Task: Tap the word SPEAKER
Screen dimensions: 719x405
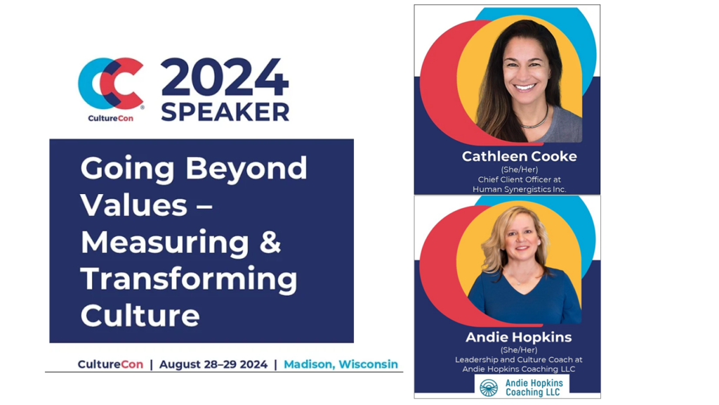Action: click(x=225, y=112)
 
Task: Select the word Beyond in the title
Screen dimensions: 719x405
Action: click(x=246, y=169)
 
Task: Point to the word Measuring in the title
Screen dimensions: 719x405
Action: click(x=164, y=243)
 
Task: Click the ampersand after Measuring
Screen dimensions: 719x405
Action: click(x=270, y=242)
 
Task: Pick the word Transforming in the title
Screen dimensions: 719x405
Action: click(x=189, y=280)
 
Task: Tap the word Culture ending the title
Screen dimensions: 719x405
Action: click(x=140, y=316)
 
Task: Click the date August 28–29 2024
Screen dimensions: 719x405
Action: click(x=213, y=364)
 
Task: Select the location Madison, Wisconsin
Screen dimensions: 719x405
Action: click(x=341, y=364)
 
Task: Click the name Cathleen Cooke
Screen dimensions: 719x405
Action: click(x=520, y=156)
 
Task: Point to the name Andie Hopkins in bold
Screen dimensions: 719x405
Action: click(x=519, y=337)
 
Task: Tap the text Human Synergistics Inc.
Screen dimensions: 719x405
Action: click(x=520, y=189)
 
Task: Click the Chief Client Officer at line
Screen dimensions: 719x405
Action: click(x=520, y=179)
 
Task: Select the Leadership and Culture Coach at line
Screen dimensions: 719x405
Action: click(x=519, y=359)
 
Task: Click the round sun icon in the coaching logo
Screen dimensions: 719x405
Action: click(x=489, y=387)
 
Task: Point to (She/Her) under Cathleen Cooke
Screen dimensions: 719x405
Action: click(x=520, y=169)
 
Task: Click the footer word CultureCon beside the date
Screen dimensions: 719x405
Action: click(x=110, y=364)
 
